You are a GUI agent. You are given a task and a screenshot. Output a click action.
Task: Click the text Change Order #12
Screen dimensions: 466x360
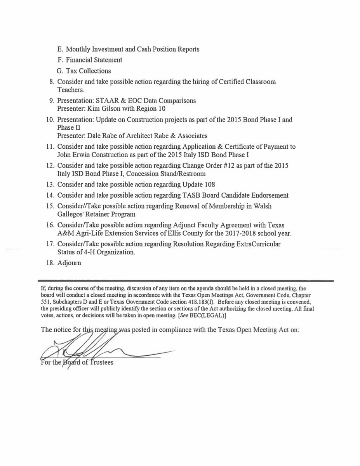203,166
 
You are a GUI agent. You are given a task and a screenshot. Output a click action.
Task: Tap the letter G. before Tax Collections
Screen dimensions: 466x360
59,71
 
